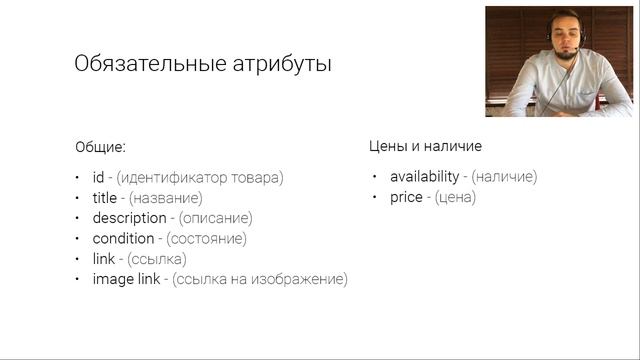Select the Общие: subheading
101,146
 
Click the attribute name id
99,177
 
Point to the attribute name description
129,218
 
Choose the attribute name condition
123,239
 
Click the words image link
125,280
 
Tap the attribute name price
405,198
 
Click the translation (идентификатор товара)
200,177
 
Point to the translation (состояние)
206,239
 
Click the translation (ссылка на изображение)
260,280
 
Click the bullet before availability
375,177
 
